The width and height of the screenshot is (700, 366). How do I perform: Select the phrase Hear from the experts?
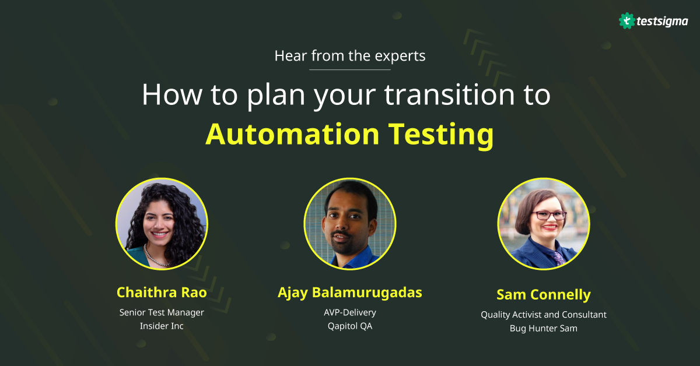click(x=349, y=56)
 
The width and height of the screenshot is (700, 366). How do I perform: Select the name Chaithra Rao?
click(x=161, y=292)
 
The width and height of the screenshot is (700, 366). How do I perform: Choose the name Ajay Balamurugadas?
click(x=349, y=292)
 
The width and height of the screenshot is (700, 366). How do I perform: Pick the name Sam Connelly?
click(x=543, y=294)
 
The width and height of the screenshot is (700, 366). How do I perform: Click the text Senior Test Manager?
click(x=162, y=312)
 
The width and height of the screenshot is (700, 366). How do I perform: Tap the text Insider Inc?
click(x=162, y=326)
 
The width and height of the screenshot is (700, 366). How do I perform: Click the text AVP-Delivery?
click(x=349, y=312)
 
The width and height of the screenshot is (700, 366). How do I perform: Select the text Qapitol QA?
click(x=349, y=326)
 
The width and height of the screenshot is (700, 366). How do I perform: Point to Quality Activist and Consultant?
click(x=543, y=315)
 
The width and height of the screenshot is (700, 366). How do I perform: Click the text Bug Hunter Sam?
click(x=543, y=328)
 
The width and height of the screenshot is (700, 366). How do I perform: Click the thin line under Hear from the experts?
click(x=349, y=69)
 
